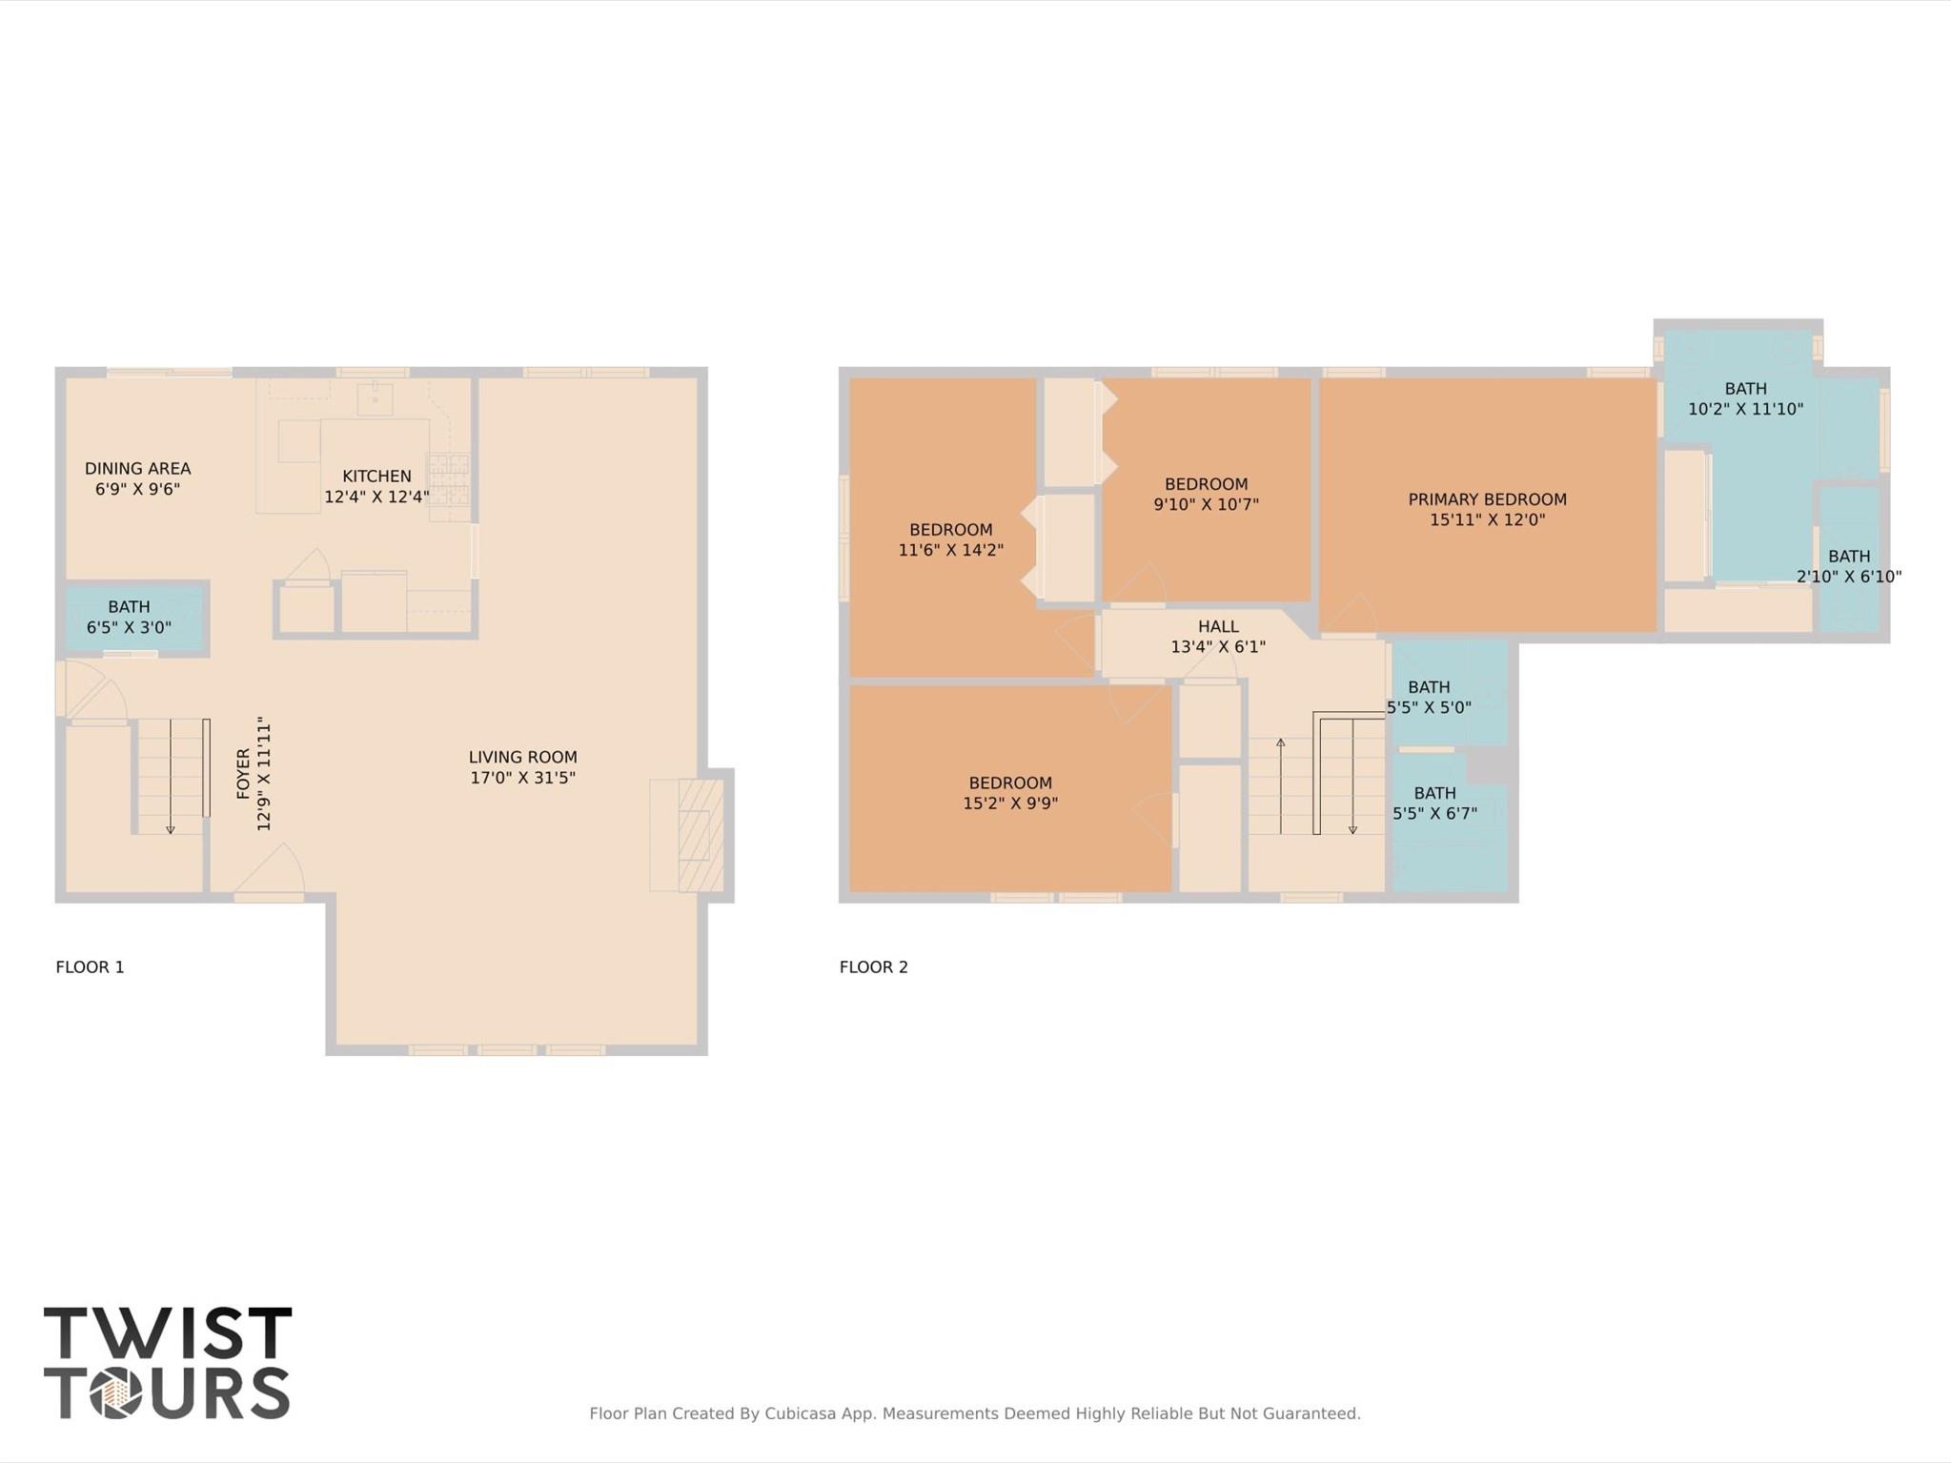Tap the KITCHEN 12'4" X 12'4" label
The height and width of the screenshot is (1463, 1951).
376,486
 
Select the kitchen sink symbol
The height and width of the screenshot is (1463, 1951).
375,398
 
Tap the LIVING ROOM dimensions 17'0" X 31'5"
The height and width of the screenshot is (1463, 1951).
522,778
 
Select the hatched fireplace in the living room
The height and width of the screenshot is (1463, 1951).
700,836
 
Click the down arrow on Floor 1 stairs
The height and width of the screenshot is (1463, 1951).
171,827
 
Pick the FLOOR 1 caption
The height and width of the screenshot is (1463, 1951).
90,966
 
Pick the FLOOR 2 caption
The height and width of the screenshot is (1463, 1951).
873,966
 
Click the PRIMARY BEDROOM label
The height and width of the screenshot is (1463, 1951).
1487,499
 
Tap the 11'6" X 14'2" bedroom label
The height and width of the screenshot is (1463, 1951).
950,550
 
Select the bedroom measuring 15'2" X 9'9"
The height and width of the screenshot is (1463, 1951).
1009,793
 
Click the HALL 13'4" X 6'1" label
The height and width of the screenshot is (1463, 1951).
1218,637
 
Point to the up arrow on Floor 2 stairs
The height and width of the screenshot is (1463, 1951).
1280,744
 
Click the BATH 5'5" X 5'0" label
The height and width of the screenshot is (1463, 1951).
1428,697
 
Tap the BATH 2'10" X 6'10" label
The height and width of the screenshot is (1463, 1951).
1848,566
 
